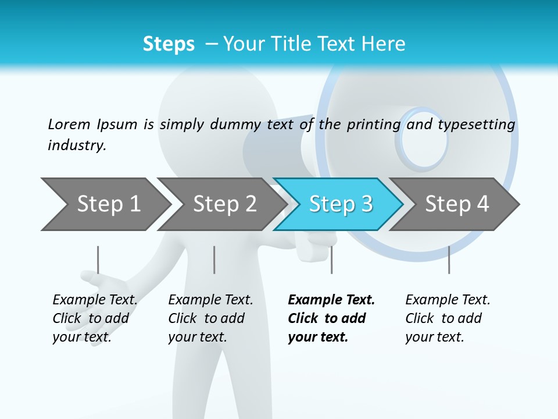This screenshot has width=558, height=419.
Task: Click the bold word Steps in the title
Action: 169,44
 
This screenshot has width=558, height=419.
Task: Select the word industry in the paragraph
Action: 77,145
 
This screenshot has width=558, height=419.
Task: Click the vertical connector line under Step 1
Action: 98,260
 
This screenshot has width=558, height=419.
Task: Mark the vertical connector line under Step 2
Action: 214,260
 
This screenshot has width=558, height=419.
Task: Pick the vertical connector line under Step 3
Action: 331,260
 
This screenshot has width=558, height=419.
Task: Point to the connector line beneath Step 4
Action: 449,260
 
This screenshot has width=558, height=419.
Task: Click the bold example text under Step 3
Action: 331,318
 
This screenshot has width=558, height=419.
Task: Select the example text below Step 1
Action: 94,318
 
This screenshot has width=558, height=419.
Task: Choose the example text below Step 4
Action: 447,318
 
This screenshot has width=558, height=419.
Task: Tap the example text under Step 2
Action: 210,318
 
